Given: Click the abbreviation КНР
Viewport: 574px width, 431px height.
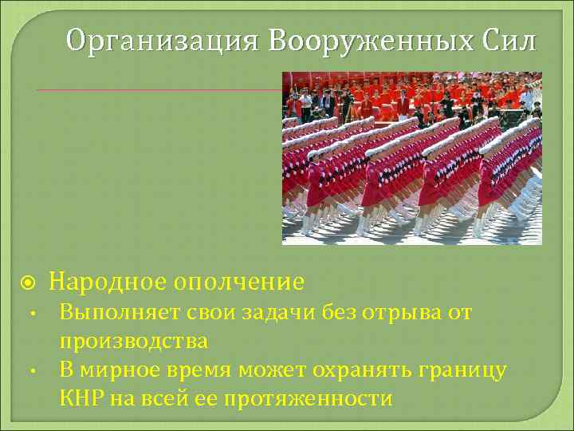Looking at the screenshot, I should point(81,397).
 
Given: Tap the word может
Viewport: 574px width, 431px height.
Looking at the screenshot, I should point(276,370).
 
